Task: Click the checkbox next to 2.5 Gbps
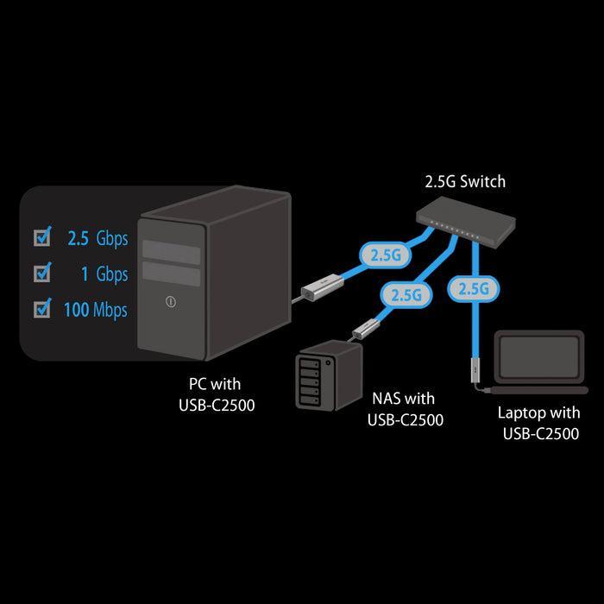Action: click(41, 237)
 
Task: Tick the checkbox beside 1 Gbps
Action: click(41, 274)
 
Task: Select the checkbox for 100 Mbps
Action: click(41, 309)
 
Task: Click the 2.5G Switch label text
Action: click(465, 182)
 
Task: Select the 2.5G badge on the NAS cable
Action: click(406, 294)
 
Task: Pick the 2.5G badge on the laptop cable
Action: click(474, 288)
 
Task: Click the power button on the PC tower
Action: click(171, 303)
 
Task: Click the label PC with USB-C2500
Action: click(216, 393)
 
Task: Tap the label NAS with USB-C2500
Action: click(405, 409)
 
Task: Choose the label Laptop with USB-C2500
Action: click(541, 424)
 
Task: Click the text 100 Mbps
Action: click(96, 310)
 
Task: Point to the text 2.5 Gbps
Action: click(98, 238)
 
